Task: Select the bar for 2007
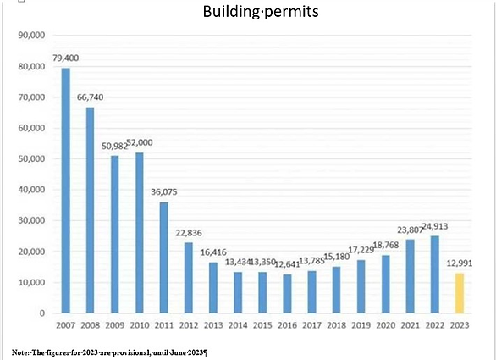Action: point(65,191)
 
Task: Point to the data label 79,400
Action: point(65,58)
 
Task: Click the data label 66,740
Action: point(90,97)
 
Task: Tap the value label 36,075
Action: point(163,192)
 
